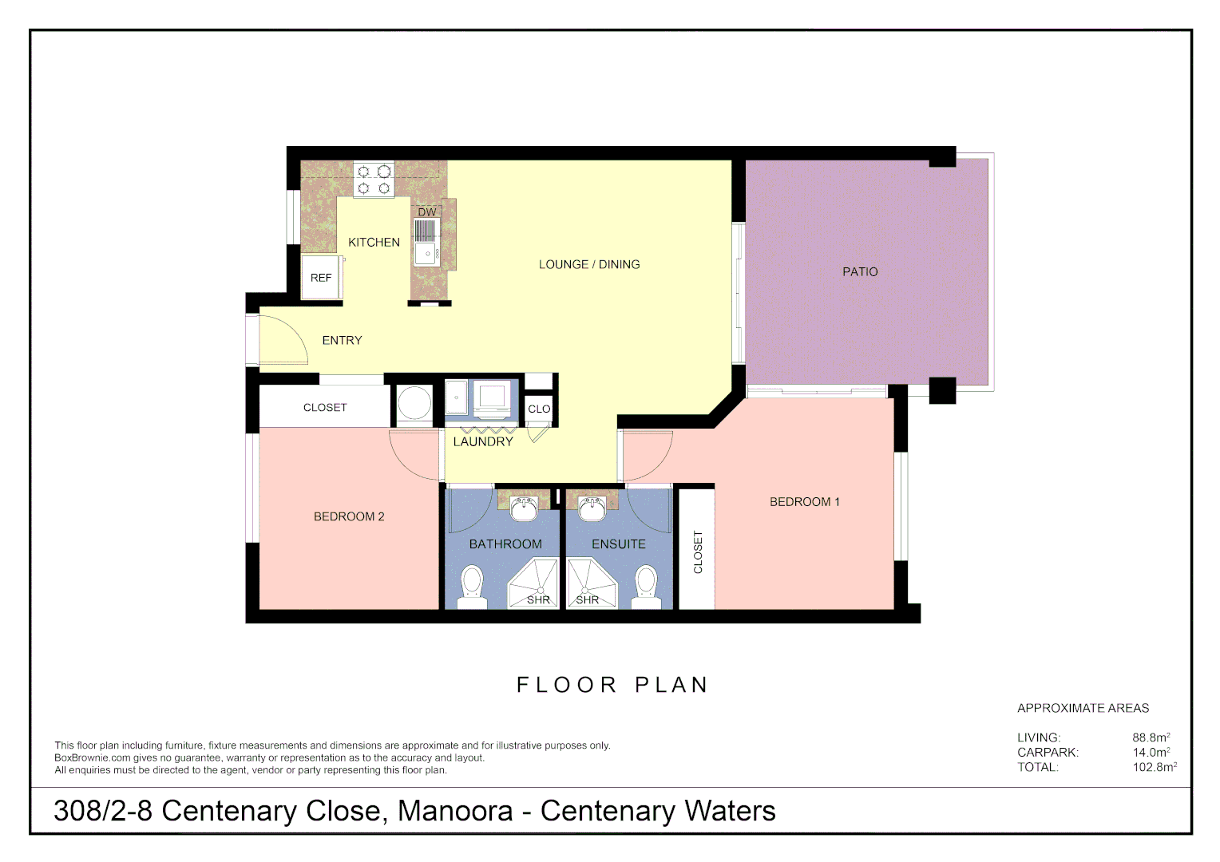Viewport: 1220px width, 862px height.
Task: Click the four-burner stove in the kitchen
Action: point(374,180)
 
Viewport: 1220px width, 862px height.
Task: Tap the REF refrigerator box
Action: point(321,277)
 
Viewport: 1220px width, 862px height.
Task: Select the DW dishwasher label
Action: point(427,212)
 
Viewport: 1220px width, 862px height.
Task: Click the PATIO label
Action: point(860,272)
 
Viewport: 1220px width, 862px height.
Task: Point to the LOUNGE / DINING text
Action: point(589,264)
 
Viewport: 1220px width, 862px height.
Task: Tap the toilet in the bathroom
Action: point(472,586)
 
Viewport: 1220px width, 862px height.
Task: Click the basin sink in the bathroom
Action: point(525,508)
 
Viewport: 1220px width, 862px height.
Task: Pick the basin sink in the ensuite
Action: point(592,508)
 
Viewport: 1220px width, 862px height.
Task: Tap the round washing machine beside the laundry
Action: point(414,405)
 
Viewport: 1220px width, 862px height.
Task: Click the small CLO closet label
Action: point(539,409)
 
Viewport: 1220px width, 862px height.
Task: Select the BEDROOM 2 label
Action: point(349,516)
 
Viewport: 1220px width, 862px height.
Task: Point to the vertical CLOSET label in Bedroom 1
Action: point(697,552)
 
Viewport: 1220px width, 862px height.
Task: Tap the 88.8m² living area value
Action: point(1151,737)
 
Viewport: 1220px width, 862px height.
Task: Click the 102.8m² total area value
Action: point(1154,767)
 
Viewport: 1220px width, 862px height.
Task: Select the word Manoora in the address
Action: point(455,811)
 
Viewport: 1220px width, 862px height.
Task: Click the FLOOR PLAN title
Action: point(612,685)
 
